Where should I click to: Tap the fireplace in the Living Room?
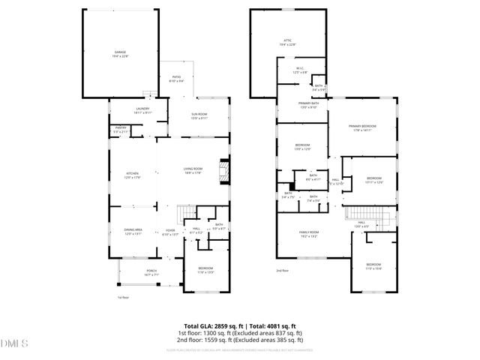point(223,172)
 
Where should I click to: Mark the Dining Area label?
point(132,232)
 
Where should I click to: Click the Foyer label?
point(170,232)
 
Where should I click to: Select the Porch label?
point(151,273)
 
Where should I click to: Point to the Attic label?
point(286,43)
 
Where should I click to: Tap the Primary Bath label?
point(308,105)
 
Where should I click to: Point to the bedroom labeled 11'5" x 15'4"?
point(373,266)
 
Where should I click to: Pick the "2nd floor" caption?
point(283,270)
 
